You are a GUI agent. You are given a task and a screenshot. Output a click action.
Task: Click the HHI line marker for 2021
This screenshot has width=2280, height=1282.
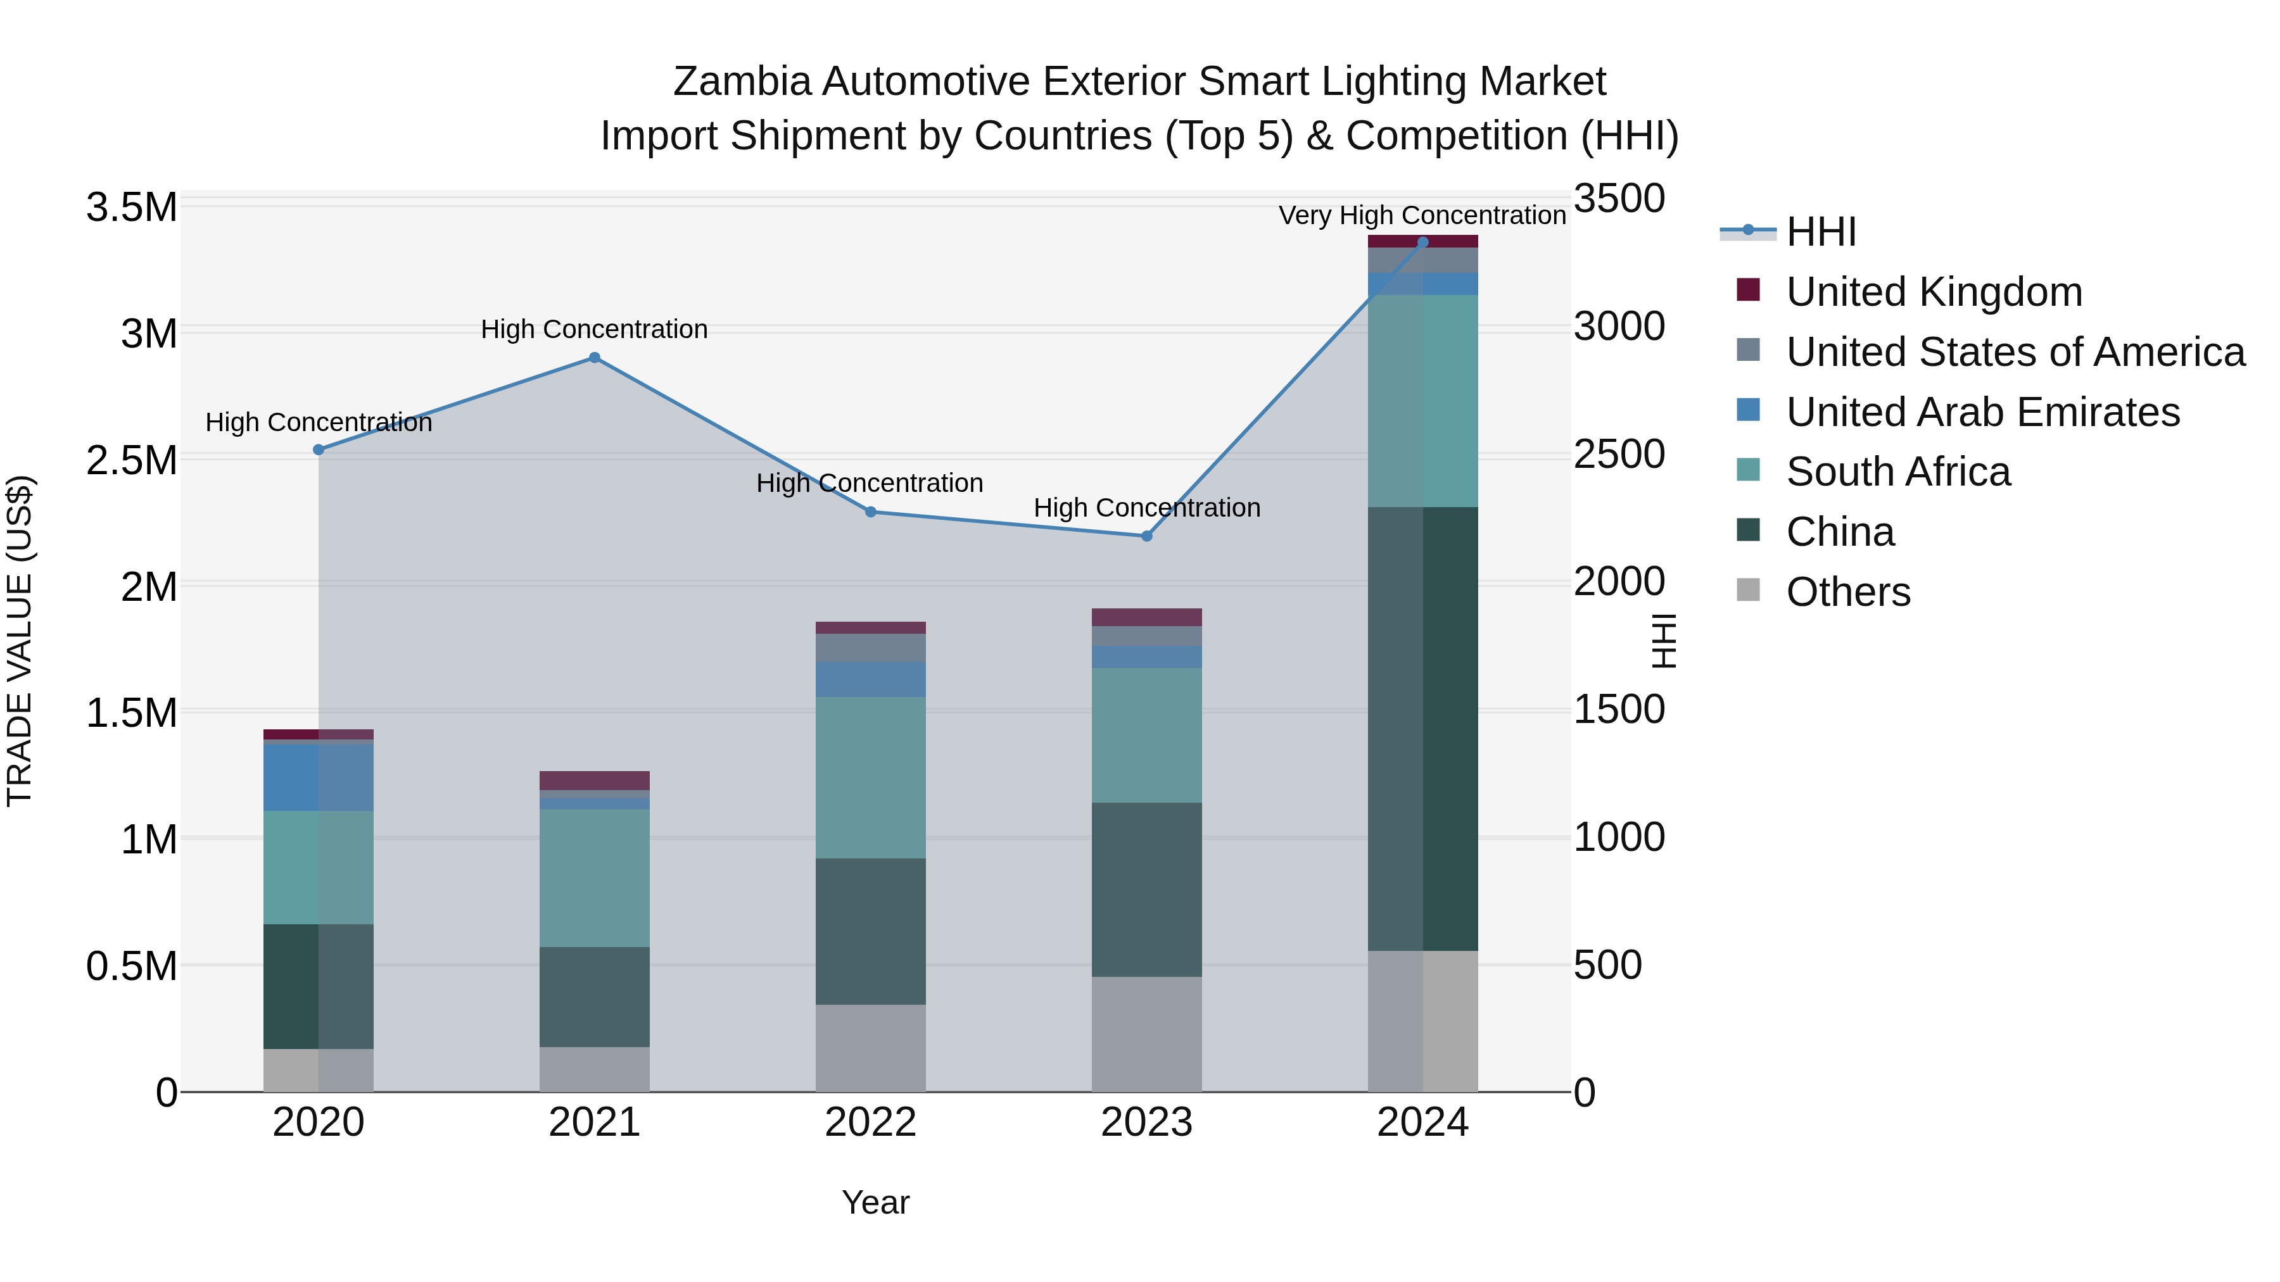point(594,358)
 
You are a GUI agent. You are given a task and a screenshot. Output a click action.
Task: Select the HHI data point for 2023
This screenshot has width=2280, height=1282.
point(1146,536)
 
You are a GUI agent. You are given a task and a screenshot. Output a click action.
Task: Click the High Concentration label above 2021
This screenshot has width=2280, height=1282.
point(594,329)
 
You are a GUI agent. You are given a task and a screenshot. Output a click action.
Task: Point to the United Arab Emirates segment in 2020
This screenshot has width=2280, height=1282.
point(319,777)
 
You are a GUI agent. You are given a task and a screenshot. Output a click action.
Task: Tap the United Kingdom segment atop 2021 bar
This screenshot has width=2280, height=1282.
point(594,781)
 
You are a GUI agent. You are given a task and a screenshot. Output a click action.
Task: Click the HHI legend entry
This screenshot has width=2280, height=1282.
point(1821,232)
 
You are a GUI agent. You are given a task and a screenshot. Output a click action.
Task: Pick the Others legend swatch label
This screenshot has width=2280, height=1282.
point(1847,592)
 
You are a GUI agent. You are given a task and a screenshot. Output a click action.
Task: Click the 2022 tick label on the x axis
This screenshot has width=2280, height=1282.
point(870,1122)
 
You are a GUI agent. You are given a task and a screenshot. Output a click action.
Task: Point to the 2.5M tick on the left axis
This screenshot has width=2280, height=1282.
point(131,461)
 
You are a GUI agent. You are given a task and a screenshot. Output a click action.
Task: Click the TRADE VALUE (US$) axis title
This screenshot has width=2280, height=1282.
point(20,641)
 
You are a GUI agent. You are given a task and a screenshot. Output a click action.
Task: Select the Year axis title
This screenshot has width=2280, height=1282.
point(875,1202)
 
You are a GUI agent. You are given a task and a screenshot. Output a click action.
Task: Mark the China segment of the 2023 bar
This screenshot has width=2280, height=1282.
point(1146,889)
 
